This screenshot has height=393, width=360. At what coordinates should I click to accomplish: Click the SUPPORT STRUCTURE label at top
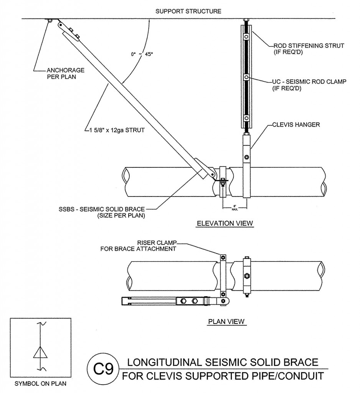(x=188, y=11)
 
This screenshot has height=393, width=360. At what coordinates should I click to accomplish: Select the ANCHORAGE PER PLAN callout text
(x=61, y=74)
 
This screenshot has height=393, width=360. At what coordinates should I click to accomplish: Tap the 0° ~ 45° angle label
(x=142, y=54)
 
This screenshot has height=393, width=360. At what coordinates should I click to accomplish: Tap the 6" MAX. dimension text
(x=234, y=208)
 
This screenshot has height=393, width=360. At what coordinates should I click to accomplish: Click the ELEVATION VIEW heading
(x=225, y=223)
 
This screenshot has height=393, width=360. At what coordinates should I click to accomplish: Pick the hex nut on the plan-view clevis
(x=246, y=276)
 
